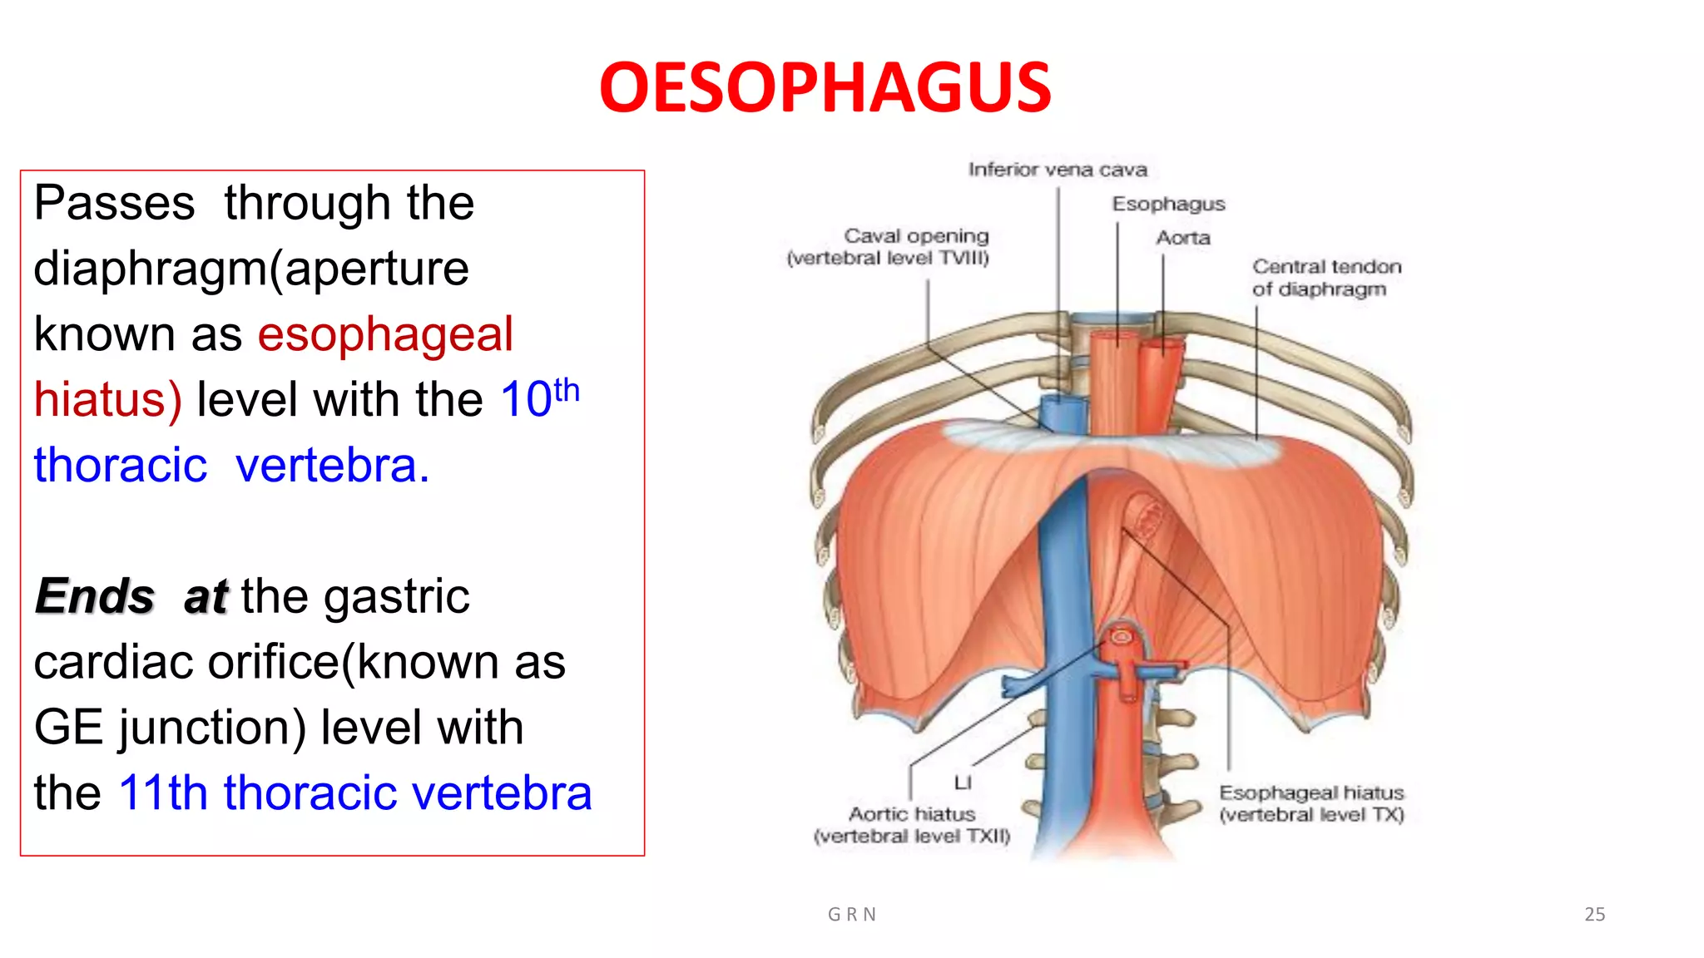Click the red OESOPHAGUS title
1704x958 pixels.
click(x=825, y=88)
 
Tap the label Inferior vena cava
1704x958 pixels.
click(x=1058, y=170)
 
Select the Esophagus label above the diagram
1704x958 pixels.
click(x=1168, y=204)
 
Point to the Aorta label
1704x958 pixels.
click(x=1182, y=238)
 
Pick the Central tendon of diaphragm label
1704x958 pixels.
click(x=1326, y=278)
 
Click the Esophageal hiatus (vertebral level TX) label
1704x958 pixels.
click(x=1311, y=803)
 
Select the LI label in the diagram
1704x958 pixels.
click(x=963, y=783)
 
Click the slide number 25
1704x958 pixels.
click(x=1594, y=914)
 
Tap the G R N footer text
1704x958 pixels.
click(x=852, y=915)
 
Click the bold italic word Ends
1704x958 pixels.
click(x=95, y=596)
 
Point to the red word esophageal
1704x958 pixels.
click(x=384, y=334)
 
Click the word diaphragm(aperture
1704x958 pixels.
click(x=251, y=269)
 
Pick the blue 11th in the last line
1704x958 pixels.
click(x=162, y=793)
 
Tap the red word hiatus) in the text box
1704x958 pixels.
click(x=107, y=400)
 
